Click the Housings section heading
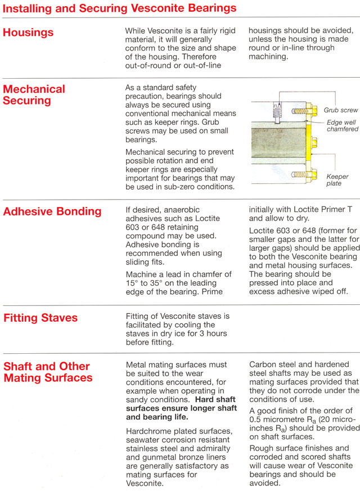[x=28, y=33]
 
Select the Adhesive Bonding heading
[x=52, y=212]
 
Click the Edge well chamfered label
[x=342, y=125]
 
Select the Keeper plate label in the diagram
[x=337, y=180]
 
